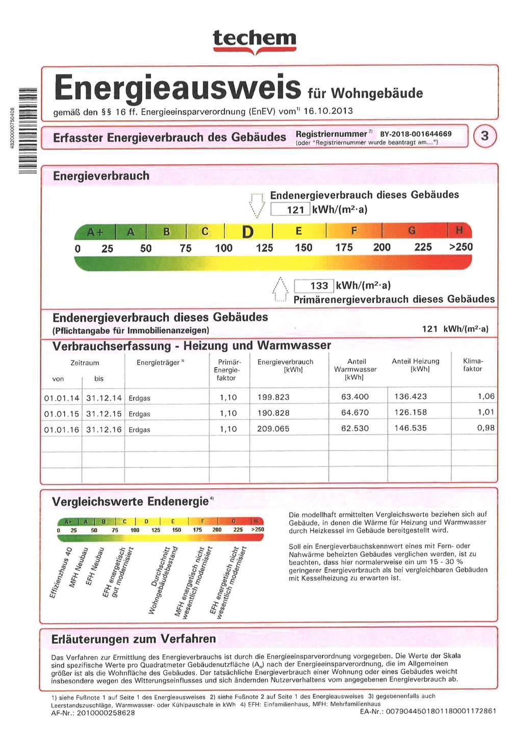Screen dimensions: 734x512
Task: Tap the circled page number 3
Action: (x=484, y=136)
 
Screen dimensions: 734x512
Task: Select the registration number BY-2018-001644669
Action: (x=416, y=134)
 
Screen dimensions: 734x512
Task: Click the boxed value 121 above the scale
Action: (x=291, y=209)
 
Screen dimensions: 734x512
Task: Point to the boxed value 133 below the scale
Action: (x=314, y=286)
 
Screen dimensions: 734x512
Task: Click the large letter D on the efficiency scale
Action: (x=248, y=232)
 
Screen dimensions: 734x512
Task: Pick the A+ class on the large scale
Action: (x=95, y=232)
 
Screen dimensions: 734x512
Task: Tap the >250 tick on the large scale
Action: (x=460, y=247)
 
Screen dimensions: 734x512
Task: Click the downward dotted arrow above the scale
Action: (x=257, y=205)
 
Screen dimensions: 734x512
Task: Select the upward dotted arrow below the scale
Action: (x=280, y=289)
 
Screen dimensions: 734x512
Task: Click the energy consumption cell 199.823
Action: (x=273, y=397)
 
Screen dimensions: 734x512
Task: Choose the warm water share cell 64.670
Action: (x=355, y=413)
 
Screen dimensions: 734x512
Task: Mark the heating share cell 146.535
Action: (x=411, y=428)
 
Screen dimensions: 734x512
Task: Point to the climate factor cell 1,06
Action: (x=485, y=397)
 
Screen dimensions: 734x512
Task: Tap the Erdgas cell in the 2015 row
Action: (x=139, y=414)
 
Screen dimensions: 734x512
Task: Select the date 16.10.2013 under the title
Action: (x=328, y=111)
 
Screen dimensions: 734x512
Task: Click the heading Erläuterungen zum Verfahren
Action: (x=134, y=639)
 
